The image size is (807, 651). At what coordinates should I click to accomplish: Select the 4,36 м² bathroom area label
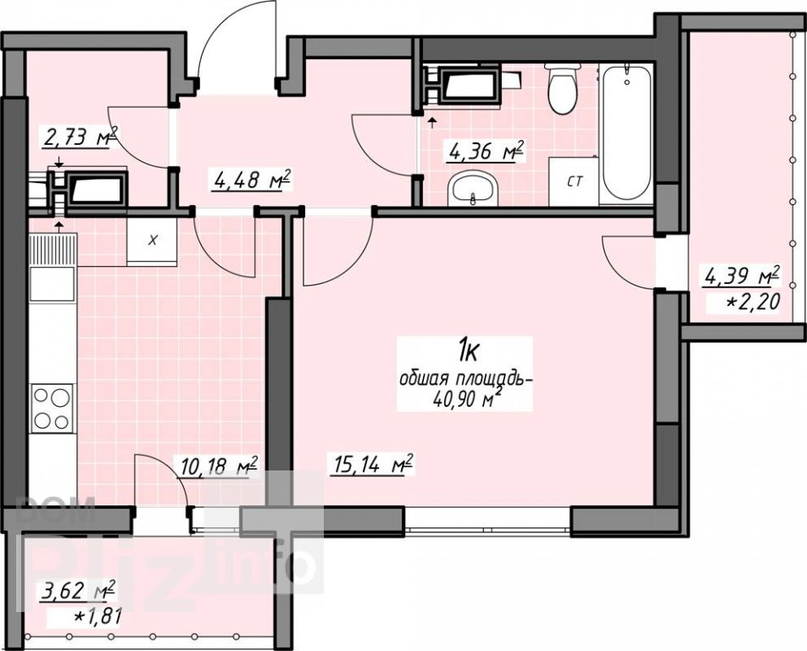pyautogui.click(x=486, y=151)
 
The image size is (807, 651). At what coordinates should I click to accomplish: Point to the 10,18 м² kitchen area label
pyautogui.click(x=219, y=467)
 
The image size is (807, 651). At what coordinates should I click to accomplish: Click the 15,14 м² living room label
pyautogui.click(x=373, y=465)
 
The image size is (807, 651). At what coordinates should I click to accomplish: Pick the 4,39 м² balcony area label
pyautogui.click(x=743, y=277)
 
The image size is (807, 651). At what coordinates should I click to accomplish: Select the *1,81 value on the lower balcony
pyautogui.click(x=97, y=616)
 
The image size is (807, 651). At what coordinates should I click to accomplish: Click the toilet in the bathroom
pyautogui.click(x=563, y=88)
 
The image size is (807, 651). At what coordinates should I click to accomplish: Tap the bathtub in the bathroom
pyautogui.click(x=626, y=134)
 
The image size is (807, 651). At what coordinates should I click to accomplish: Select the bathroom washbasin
pyautogui.click(x=472, y=189)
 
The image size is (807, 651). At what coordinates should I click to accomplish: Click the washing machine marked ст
pyautogui.click(x=574, y=181)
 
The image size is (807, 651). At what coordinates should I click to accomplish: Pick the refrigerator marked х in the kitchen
pyautogui.click(x=152, y=241)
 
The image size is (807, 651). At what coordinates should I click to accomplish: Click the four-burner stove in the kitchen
pyautogui.click(x=52, y=409)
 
